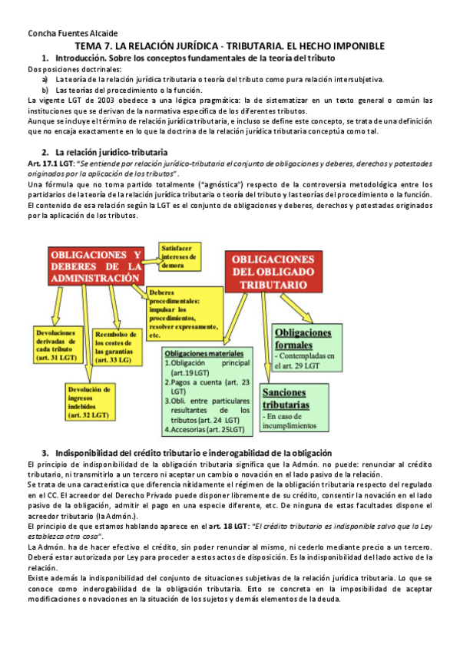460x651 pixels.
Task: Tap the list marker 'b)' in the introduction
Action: pos(46,90)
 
